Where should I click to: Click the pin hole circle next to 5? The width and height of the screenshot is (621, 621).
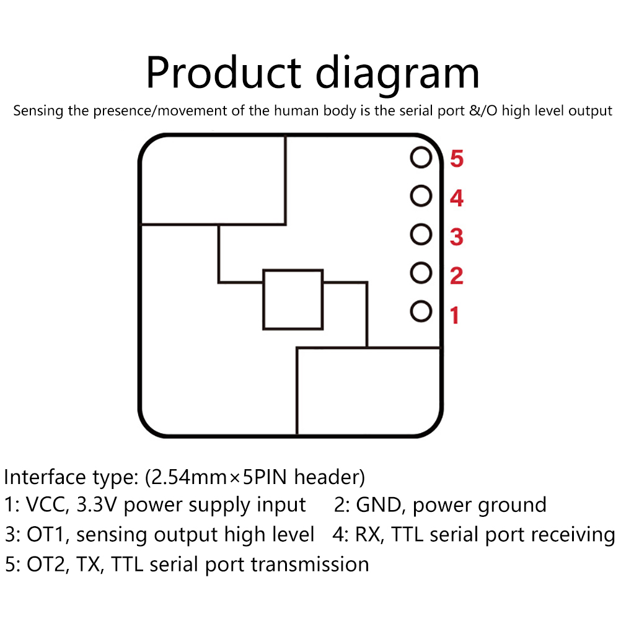(x=421, y=158)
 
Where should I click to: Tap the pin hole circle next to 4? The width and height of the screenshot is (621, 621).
(x=421, y=196)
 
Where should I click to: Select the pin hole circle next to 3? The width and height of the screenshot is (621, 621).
(x=421, y=235)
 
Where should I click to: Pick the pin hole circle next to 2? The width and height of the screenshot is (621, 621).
(x=421, y=273)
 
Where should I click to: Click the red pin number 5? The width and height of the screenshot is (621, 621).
(x=456, y=160)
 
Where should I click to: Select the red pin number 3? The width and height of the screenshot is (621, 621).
(x=456, y=237)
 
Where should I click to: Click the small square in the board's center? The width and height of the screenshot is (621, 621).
(x=293, y=299)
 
